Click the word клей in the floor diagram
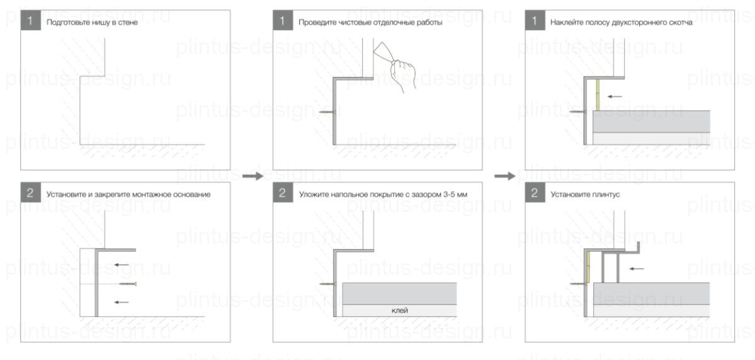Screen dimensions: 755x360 click(400, 310)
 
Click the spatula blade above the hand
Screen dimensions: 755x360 click(383, 50)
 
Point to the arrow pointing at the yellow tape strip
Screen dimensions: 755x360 click(614, 97)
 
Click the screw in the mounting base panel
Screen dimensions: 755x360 click(128, 284)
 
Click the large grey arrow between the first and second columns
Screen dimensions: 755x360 click(253, 177)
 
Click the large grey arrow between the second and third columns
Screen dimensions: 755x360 click(504, 177)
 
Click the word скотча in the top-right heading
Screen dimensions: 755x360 click(678, 23)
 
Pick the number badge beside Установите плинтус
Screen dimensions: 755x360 click(534, 194)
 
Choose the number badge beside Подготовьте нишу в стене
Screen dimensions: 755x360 click(30, 21)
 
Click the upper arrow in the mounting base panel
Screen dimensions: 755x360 click(122, 264)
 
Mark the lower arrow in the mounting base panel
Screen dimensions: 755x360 click(122, 302)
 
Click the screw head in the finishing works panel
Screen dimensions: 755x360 click(332, 111)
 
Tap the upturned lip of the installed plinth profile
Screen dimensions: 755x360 click(639, 247)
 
